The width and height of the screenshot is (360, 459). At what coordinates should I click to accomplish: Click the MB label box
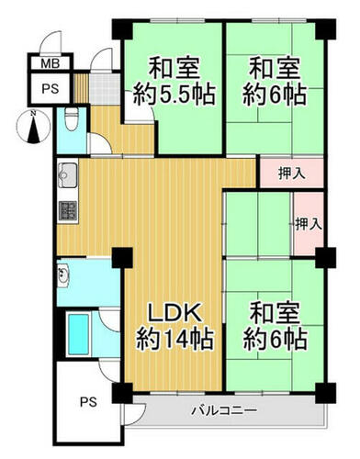coord(51,63)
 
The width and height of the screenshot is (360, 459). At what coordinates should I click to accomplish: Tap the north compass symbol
coord(34,127)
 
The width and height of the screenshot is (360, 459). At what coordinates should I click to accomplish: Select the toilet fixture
coord(72,119)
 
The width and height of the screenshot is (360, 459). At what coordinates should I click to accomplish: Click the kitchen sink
coord(68,175)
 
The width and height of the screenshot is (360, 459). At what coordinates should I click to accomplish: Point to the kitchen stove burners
coord(67,211)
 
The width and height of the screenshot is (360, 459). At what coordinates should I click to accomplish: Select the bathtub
coord(79,334)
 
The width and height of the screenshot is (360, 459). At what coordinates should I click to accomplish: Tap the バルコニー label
coord(224,410)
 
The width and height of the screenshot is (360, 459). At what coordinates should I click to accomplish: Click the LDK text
coord(174,313)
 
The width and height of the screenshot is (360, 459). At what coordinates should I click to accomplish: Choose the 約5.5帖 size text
coord(174,94)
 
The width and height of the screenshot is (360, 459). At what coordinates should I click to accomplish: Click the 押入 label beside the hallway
coord(291,174)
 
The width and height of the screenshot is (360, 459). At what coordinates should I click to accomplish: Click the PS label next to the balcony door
coord(88,402)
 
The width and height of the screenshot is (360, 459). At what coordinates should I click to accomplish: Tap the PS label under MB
coord(50,89)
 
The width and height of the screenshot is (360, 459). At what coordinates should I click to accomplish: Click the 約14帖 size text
coord(174,339)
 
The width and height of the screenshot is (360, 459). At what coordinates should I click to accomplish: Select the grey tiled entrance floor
coord(105,89)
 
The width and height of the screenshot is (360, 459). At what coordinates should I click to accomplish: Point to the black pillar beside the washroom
coord(122,258)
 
